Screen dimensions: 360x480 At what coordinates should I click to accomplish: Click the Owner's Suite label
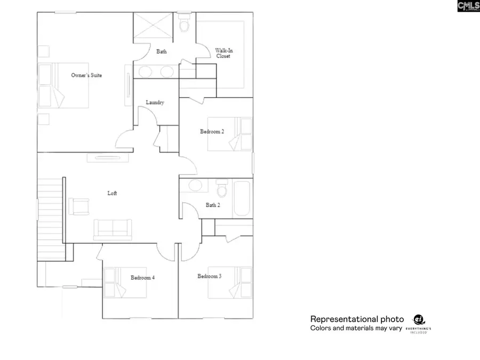[x=86, y=76]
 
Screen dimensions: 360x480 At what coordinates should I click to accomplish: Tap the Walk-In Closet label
[x=223, y=53]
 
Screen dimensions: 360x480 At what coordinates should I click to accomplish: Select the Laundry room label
[x=155, y=102]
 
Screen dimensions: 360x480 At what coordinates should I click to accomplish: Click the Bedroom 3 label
[x=209, y=276]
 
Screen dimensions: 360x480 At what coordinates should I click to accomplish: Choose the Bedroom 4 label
[x=142, y=277]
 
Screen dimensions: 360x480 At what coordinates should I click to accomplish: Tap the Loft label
[x=112, y=193]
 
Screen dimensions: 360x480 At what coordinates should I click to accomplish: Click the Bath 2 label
[x=213, y=205]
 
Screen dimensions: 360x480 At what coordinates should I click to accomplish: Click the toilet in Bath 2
[x=222, y=189]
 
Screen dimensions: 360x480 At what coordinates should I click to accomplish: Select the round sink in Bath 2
[x=195, y=186]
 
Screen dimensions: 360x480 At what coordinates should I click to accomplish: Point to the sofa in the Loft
[x=113, y=229]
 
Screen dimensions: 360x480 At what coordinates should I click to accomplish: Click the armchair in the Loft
[x=79, y=206]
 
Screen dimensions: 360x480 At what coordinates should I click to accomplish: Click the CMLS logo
[x=468, y=6]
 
